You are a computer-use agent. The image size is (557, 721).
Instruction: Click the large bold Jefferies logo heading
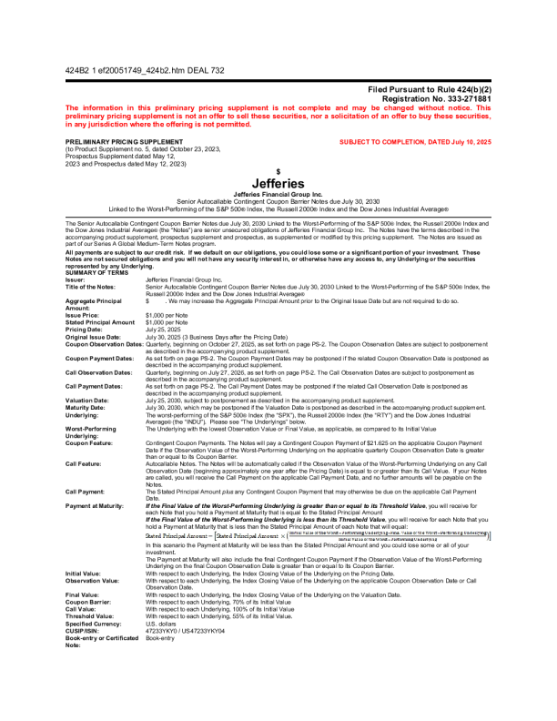(x=278, y=183)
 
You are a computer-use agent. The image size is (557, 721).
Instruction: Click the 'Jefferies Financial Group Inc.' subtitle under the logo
(x=278, y=194)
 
